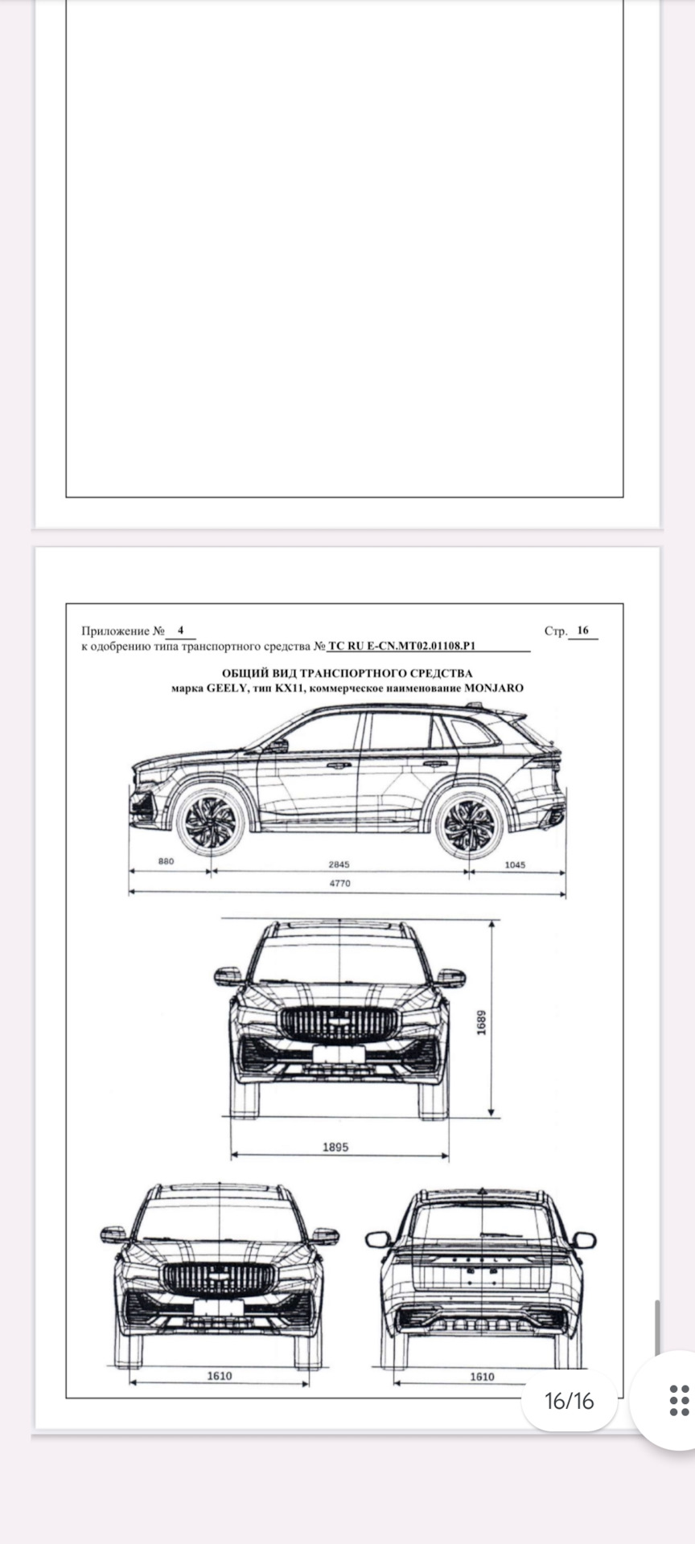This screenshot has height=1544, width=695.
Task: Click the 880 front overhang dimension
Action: pyautogui.click(x=166, y=861)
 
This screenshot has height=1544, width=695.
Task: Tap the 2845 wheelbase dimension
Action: pyautogui.click(x=339, y=864)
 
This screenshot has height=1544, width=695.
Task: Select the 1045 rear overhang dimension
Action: pyautogui.click(x=515, y=864)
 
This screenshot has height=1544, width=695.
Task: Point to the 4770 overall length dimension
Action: pyautogui.click(x=339, y=883)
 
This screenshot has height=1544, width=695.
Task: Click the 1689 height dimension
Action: pyautogui.click(x=482, y=1023)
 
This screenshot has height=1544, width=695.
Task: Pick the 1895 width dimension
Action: pyautogui.click(x=335, y=1147)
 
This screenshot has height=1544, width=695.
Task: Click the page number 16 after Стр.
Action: pyautogui.click(x=583, y=630)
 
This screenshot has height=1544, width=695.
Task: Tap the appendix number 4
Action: pyautogui.click(x=181, y=630)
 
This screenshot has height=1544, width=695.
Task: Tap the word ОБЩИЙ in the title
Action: pyautogui.click(x=239, y=673)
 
